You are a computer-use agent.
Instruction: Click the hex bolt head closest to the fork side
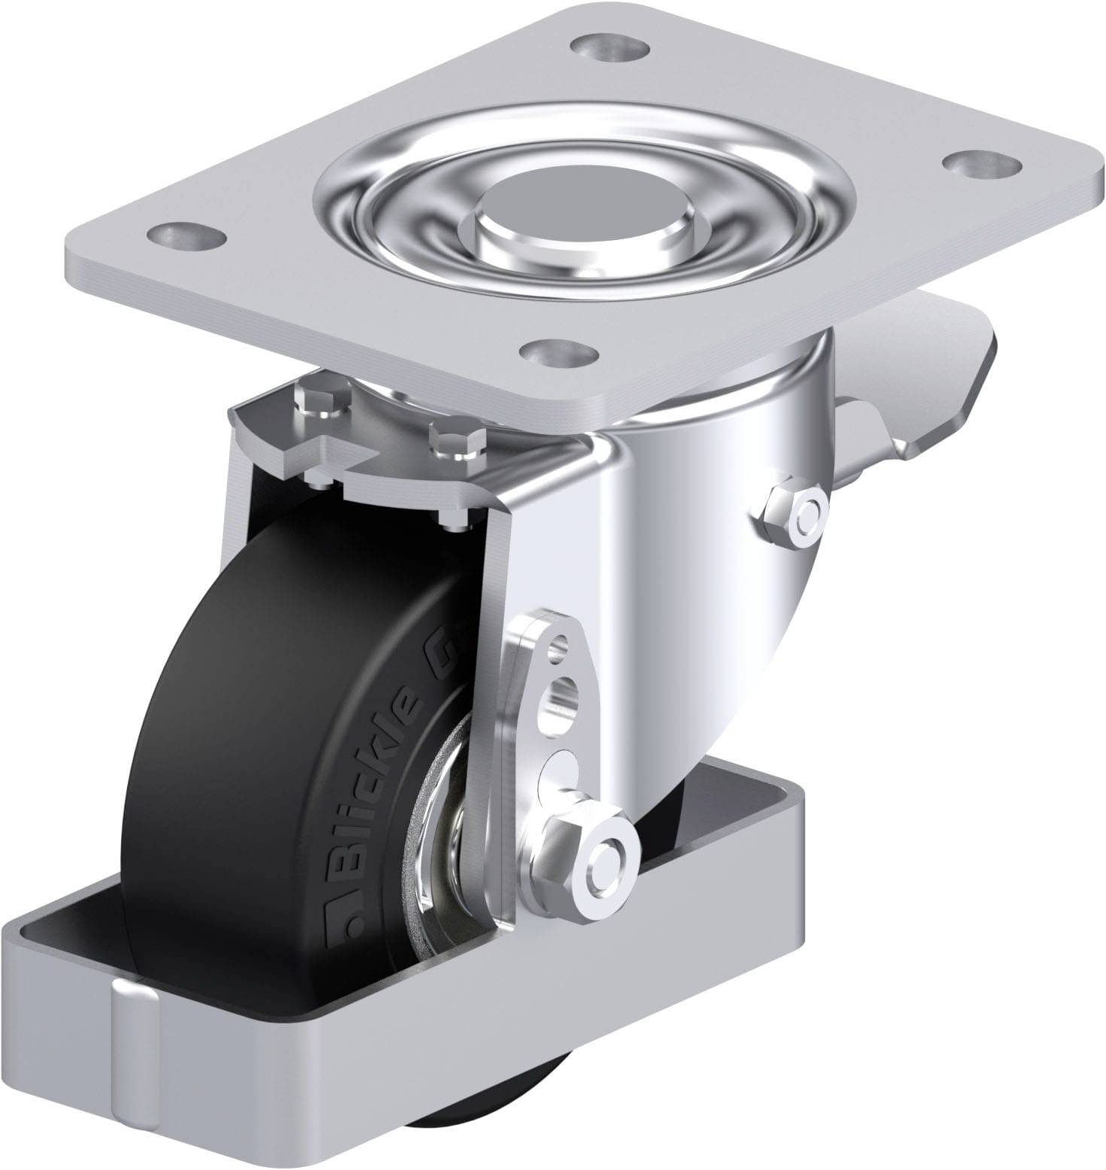(x=454, y=442)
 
